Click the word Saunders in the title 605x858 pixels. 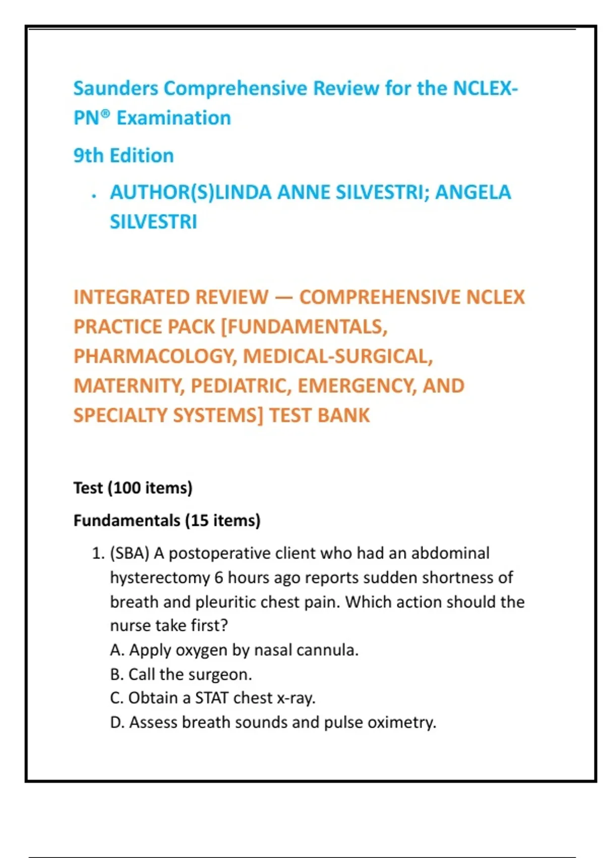115,88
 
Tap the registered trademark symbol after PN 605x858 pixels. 105,114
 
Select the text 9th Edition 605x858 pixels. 124,155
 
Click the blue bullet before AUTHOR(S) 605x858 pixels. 94,196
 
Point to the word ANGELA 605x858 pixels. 473,192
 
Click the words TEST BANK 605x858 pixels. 319,415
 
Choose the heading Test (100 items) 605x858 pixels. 133,488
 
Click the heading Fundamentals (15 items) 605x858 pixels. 167,520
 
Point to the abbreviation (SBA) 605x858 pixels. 130,554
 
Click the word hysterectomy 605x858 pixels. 160,577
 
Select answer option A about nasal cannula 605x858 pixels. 234,650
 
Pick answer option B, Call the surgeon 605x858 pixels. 181,674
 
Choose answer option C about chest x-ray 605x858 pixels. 212,698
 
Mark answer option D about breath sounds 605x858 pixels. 273,722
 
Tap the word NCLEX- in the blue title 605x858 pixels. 486,88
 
